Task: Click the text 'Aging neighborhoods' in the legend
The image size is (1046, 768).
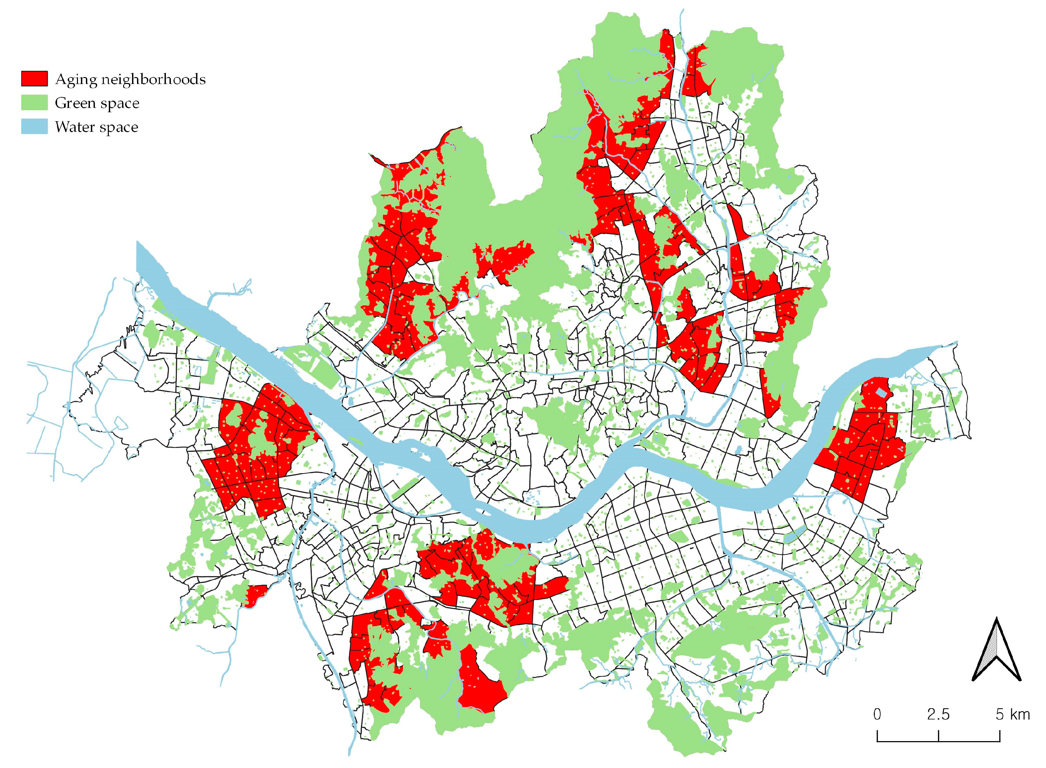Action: [130, 79]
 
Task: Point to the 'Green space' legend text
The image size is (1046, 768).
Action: [97, 103]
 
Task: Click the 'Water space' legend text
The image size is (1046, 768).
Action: [96, 128]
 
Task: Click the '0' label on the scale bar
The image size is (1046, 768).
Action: [877, 715]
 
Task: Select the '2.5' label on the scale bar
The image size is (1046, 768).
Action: [938, 715]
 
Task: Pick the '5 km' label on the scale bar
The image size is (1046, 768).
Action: [1012, 715]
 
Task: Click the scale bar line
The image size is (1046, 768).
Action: [938, 741]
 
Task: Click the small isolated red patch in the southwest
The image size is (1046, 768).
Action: [253, 596]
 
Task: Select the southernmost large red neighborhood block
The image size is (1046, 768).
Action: [481, 683]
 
